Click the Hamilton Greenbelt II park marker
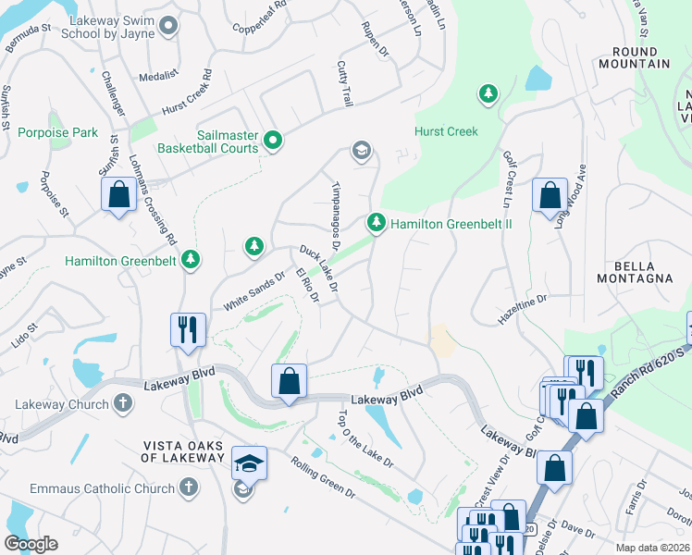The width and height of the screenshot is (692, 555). [x=376, y=223]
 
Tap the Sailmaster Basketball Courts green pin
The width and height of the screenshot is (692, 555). [x=273, y=141]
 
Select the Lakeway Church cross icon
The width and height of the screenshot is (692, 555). [x=122, y=403]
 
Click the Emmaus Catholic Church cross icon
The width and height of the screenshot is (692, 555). [x=188, y=487]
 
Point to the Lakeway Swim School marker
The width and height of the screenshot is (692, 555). [x=167, y=27]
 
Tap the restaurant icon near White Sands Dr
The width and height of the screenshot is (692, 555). [x=187, y=329]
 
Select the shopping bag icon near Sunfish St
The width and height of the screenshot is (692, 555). [x=118, y=194]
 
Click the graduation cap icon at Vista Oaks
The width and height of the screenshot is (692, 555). [x=249, y=462]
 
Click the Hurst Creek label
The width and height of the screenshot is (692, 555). [x=447, y=132]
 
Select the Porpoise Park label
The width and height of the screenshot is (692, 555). [x=57, y=133]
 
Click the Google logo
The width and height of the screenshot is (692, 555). [x=31, y=544]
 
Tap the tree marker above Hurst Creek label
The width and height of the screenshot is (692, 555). [x=488, y=93]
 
